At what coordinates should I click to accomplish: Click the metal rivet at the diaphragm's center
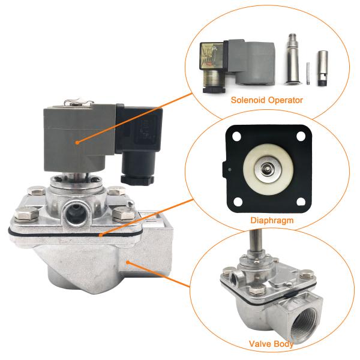pyautogui.click(x=265, y=169)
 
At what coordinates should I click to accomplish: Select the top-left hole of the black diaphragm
pyautogui.click(x=231, y=136)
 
